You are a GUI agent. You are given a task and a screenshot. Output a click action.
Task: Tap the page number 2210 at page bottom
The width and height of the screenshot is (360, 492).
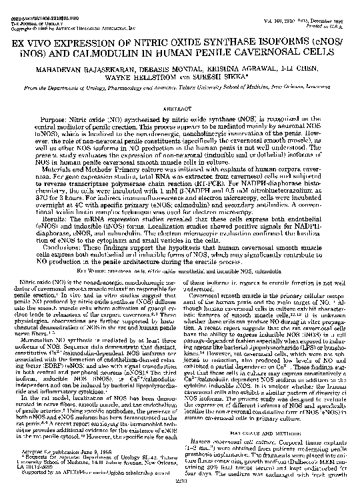click(180, 484)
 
